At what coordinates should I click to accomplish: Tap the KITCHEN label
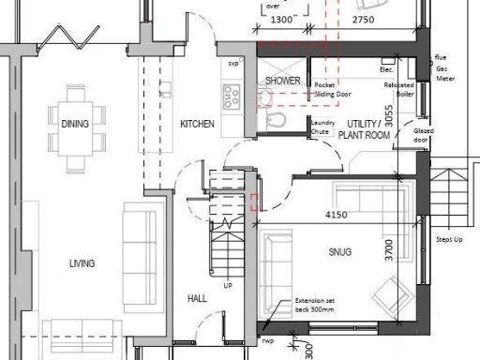tap(198, 124)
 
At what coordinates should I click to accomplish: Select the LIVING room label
tap(82, 263)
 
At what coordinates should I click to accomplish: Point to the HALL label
tap(197, 298)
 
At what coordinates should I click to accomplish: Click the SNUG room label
tap(339, 251)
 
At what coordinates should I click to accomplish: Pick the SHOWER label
tap(282, 81)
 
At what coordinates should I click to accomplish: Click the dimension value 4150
tap(337, 216)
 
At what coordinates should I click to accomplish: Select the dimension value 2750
tap(363, 19)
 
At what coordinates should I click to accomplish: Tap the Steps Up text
tap(450, 241)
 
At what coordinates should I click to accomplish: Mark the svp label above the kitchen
tap(232, 64)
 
